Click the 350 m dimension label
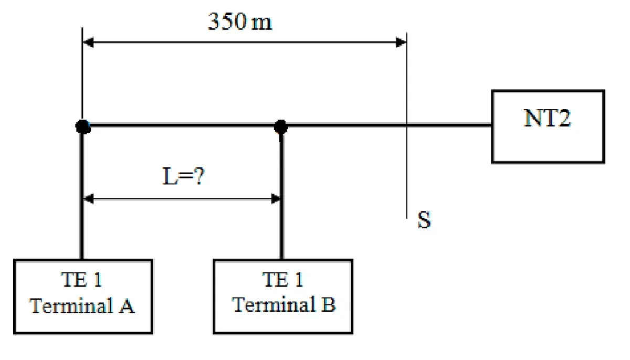tap(240, 22)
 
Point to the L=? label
tap(183, 176)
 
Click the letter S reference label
tap(424, 219)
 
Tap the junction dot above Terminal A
tap(83, 127)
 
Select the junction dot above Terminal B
tap(281, 127)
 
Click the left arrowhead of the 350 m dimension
tap(88, 43)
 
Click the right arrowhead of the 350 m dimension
tap(401, 43)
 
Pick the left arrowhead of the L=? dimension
tap(88, 199)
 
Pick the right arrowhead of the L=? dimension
tap(276, 199)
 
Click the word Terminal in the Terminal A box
tap(71, 305)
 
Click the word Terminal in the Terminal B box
tap(274, 304)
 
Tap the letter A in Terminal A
tap(127, 305)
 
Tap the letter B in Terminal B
tap(329, 304)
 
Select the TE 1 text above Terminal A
tap(81, 280)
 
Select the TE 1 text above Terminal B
tap(283, 280)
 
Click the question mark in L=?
tap(199, 176)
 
